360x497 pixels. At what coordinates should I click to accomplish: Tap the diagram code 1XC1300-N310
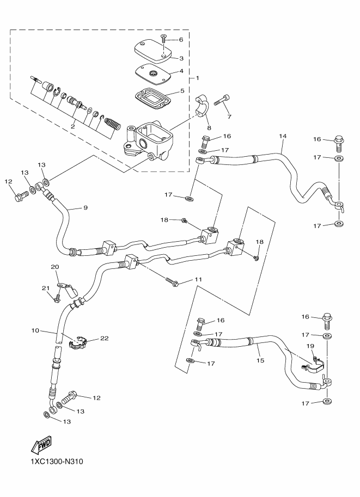tap(53, 463)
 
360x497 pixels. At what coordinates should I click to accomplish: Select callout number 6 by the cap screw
tap(181, 40)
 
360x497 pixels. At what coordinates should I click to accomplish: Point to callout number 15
tap(260, 360)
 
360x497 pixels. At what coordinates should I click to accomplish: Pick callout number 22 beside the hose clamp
tap(104, 338)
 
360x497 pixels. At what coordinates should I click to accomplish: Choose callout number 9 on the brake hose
tap(84, 207)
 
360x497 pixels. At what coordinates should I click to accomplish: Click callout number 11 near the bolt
tap(198, 279)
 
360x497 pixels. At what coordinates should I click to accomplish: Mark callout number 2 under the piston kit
tap(72, 126)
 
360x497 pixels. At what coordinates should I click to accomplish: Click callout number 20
tap(54, 267)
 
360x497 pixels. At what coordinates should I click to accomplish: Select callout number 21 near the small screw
tap(46, 288)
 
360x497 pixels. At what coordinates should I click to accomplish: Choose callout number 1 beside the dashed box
tap(182, 77)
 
